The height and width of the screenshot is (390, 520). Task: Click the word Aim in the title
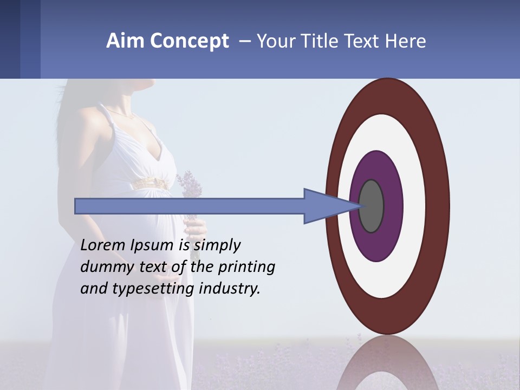125,41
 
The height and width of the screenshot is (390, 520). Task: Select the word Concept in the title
189,42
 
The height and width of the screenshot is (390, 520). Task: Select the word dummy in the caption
106,267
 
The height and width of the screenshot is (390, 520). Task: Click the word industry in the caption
230,289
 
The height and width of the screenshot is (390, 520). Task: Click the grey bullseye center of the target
372,206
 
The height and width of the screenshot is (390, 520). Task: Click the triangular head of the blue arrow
325,206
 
